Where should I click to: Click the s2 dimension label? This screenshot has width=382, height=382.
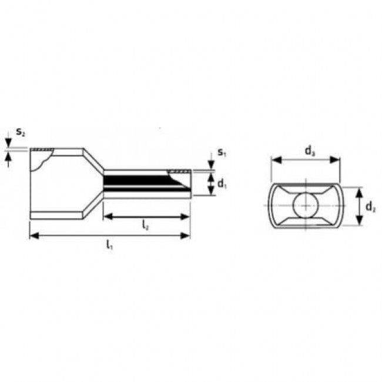tap(20, 132)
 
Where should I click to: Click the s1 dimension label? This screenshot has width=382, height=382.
tap(221, 153)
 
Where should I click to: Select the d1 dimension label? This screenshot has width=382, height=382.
tap(222, 185)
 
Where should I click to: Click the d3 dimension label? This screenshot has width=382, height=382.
tap(309, 151)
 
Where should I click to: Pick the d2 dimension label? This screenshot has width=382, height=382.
tap(369, 207)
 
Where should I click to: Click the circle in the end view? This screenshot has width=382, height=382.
tap(305, 205)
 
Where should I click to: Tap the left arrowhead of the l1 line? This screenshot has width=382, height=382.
tap(33, 236)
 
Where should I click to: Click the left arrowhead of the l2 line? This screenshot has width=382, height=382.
tap(108, 217)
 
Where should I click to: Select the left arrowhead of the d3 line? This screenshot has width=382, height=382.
tap(274, 160)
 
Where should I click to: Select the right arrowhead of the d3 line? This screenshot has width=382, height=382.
tap(337, 160)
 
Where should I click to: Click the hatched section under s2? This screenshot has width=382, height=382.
tap(42, 150)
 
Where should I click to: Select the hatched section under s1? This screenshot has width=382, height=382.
tap(179, 172)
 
